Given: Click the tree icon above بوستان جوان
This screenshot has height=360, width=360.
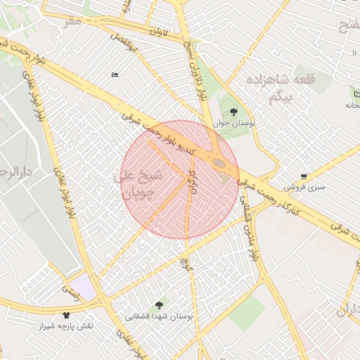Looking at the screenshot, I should tap(234, 111).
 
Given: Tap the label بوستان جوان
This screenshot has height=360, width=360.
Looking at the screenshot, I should tap(234, 124).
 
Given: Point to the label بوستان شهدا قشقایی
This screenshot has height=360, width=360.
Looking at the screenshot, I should tap(158, 317).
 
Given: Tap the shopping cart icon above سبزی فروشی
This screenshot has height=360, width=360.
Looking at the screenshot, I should tap(303, 176).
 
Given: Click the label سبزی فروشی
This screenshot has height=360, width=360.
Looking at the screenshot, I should tap(304, 188).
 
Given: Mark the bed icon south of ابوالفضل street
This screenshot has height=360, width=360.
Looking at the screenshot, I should tap(115, 75).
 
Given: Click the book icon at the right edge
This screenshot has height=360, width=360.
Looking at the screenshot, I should tap(356, 92).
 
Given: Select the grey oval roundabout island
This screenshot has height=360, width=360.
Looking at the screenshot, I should tap(220, 164).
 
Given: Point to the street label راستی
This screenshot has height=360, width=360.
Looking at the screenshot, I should tap(72, 288).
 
